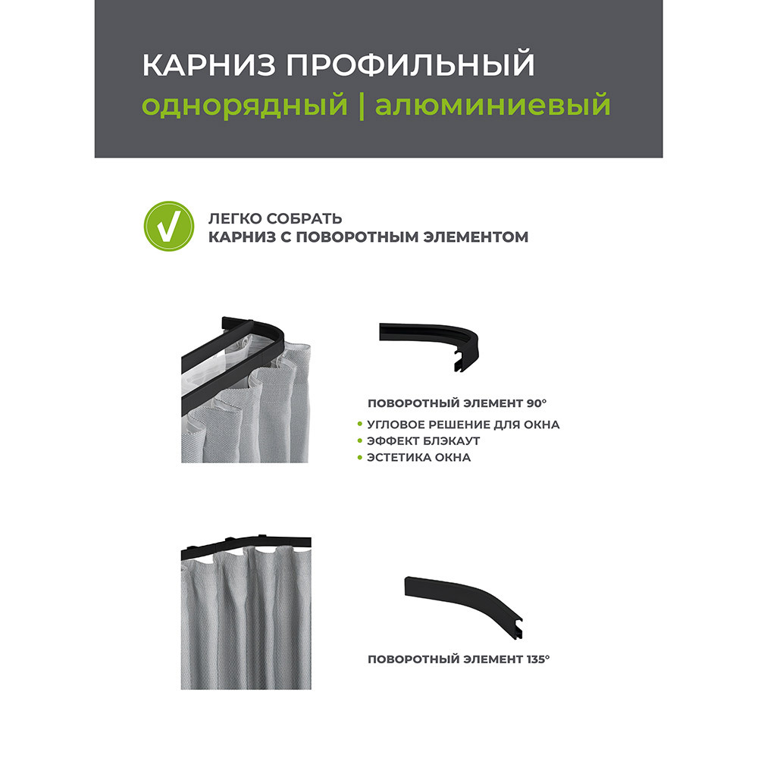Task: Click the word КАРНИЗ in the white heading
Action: [x=197, y=66]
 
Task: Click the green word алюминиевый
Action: [x=493, y=105]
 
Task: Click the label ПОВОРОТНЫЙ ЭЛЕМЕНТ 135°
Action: [x=458, y=659]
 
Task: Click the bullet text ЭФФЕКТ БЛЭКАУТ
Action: [x=424, y=441]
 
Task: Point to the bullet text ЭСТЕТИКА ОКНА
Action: [x=418, y=458]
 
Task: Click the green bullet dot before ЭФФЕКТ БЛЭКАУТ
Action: [x=359, y=441]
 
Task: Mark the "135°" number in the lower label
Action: [x=537, y=659]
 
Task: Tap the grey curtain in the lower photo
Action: [x=243, y=622]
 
